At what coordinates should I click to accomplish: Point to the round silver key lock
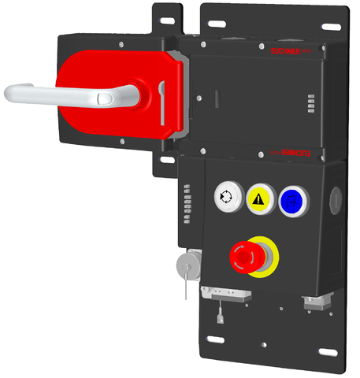click(x=188, y=263)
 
